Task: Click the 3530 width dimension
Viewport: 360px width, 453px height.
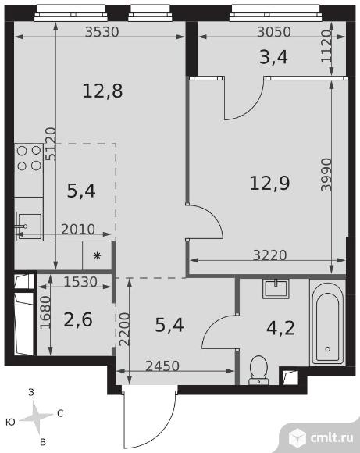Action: tap(102, 31)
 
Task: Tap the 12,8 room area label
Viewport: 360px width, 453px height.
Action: tap(102, 91)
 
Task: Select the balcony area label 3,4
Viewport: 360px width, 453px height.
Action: tap(273, 57)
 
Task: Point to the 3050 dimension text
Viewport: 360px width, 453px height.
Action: tap(274, 32)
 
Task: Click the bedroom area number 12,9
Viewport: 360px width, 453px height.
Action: tap(269, 183)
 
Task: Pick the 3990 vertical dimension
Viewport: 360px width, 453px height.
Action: tap(326, 174)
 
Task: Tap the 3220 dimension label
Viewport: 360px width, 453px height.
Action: tap(269, 255)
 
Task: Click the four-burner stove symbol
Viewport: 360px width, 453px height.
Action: tap(29, 159)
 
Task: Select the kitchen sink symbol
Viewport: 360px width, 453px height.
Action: tap(29, 226)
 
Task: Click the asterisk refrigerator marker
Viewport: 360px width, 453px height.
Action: tap(97, 255)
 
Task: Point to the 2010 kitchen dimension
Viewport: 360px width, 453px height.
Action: tap(78, 230)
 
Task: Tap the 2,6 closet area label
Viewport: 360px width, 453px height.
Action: tap(78, 319)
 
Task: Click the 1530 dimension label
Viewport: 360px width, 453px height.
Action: tap(80, 282)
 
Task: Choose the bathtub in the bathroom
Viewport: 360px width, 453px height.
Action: tap(328, 321)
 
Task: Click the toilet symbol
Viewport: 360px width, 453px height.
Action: tap(258, 370)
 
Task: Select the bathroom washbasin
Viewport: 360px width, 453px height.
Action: tap(276, 289)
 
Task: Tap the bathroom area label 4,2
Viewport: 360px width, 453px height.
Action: tap(280, 328)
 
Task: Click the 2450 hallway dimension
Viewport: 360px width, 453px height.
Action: tap(162, 366)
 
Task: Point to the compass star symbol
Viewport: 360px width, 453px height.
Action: tap(36, 416)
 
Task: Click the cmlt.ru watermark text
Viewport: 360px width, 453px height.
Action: tap(332, 438)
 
